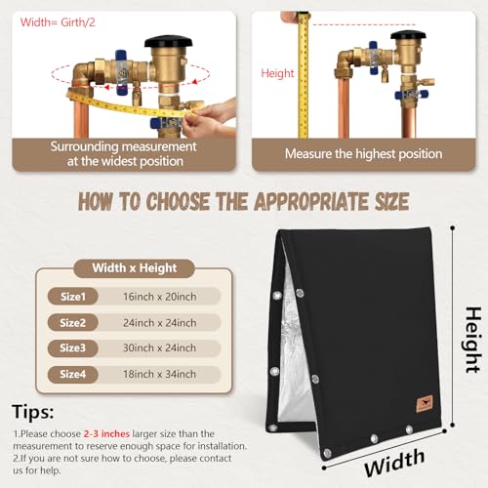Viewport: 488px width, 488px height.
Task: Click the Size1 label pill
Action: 73,297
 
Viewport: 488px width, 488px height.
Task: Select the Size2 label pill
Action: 73,322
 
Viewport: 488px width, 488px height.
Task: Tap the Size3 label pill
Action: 73,347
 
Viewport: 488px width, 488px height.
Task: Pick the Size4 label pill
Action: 73,374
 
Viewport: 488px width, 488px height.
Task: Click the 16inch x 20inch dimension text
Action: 159,297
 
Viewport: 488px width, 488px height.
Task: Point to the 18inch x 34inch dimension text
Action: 159,374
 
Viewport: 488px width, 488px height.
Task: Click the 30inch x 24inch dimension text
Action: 159,347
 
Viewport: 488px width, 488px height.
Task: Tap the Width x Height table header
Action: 135,268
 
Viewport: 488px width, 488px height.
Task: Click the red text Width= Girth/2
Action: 58,22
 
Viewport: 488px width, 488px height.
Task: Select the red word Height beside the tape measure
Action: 277,73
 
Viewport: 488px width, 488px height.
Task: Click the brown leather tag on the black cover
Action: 425,404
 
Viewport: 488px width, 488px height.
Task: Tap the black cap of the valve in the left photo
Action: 169,41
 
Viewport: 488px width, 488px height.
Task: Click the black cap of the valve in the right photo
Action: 408,35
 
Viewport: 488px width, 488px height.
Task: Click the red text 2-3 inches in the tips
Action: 106,433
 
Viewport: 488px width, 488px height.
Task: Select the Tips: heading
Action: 33,412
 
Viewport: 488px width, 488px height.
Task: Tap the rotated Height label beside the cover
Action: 472,340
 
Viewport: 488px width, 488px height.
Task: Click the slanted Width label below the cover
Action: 394,462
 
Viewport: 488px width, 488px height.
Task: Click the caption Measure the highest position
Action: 364,154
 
